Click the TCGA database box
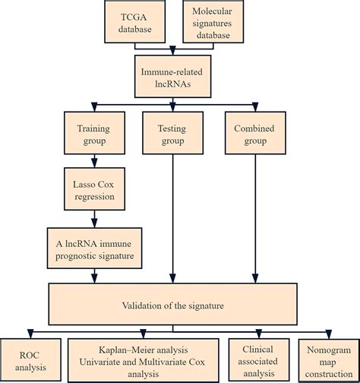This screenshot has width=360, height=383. [135, 21]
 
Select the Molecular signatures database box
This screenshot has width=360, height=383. [213, 21]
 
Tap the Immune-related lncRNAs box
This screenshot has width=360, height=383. [173, 77]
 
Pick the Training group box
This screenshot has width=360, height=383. [94, 133]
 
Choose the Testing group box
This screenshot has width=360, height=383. [173, 133]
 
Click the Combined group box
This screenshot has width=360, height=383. [255, 133]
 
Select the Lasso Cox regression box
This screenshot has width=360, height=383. [94, 189]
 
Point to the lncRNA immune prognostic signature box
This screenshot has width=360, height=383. [94, 248]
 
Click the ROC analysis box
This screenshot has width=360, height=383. [30, 359]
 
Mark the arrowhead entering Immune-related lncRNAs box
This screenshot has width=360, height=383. [172, 51]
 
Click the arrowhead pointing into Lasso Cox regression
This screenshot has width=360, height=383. [94, 163]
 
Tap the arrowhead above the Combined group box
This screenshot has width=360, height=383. [255, 107]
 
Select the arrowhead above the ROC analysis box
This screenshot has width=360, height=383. [30, 334]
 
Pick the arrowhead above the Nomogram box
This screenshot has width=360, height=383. [329, 334]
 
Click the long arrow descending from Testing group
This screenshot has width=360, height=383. [173, 219]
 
